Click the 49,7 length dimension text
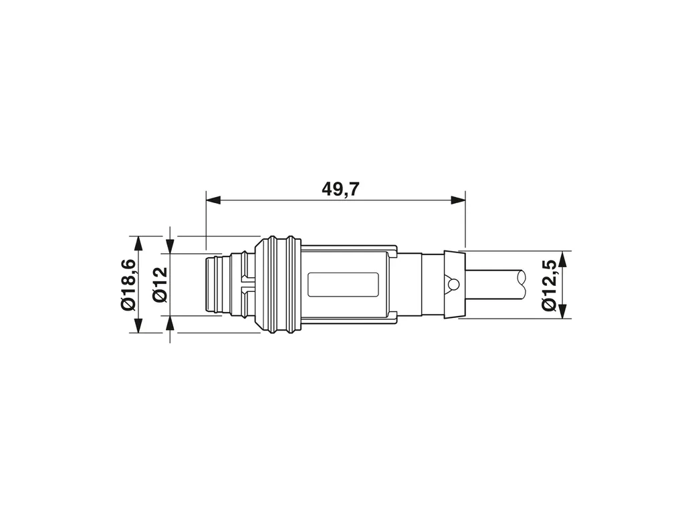click(x=340, y=189)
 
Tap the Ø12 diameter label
click(x=160, y=285)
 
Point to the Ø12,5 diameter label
click(x=550, y=285)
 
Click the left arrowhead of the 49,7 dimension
click(x=213, y=200)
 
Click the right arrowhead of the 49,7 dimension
click(x=458, y=200)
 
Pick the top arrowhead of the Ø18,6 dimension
click(x=138, y=243)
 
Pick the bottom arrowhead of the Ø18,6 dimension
click(x=138, y=325)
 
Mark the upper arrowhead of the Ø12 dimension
click(x=170, y=246)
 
